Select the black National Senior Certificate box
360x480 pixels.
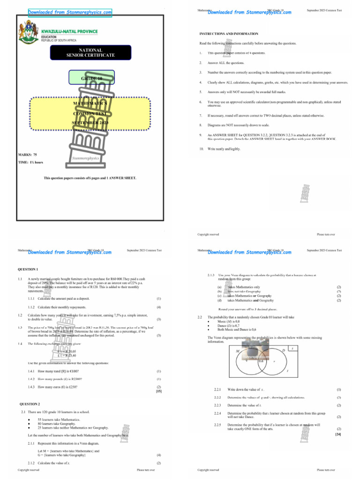(x=90, y=52)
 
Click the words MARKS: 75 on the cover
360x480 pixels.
(x=28, y=154)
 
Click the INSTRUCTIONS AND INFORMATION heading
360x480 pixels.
(x=228, y=34)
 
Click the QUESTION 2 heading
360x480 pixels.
(x=30, y=404)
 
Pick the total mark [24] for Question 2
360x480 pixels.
(x=337, y=435)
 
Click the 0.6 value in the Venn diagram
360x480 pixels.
(x=262, y=361)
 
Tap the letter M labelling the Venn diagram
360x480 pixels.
(x=238, y=351)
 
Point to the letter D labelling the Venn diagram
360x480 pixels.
(x=284, y=351)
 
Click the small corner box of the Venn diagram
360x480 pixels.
(x=292, y=348)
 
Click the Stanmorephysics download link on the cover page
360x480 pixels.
(x=70, y=12)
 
